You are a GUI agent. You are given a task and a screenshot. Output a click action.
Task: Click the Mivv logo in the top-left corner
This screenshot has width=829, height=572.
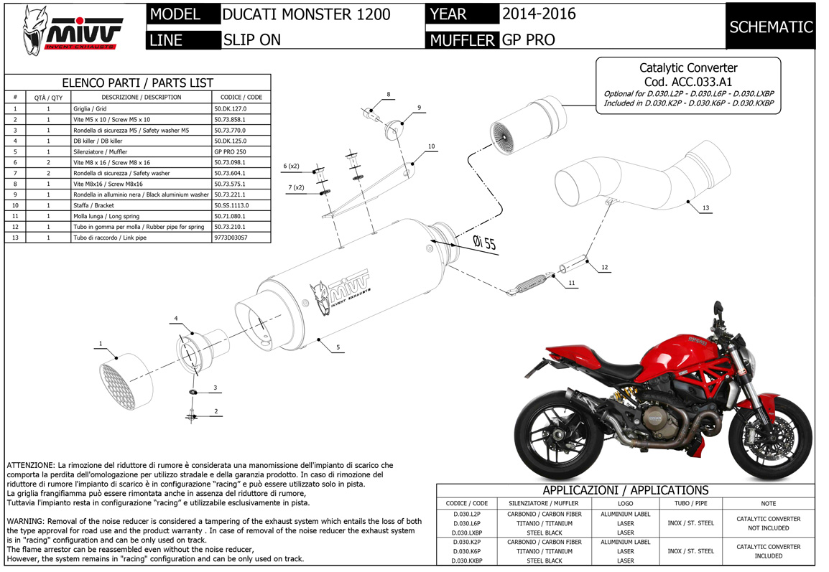73,31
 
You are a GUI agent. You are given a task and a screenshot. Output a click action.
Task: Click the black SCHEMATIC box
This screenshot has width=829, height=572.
770,27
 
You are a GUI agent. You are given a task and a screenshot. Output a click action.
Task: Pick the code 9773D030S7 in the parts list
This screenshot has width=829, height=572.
231,238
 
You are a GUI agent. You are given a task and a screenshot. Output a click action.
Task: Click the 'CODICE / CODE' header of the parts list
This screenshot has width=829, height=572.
241,97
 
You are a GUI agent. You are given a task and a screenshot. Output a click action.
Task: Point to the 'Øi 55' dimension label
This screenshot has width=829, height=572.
484,243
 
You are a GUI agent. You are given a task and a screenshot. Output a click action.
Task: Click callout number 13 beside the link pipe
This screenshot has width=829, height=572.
705,207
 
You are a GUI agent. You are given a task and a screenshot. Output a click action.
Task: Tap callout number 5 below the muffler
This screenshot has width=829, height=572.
338,347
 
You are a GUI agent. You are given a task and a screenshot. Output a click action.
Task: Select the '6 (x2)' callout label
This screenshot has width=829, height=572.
291,166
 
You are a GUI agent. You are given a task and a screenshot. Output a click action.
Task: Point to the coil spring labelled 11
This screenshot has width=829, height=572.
529,283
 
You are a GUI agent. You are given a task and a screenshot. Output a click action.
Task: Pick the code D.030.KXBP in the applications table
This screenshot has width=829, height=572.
468,561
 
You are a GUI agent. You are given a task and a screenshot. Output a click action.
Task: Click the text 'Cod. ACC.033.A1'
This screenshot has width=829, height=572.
687,82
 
